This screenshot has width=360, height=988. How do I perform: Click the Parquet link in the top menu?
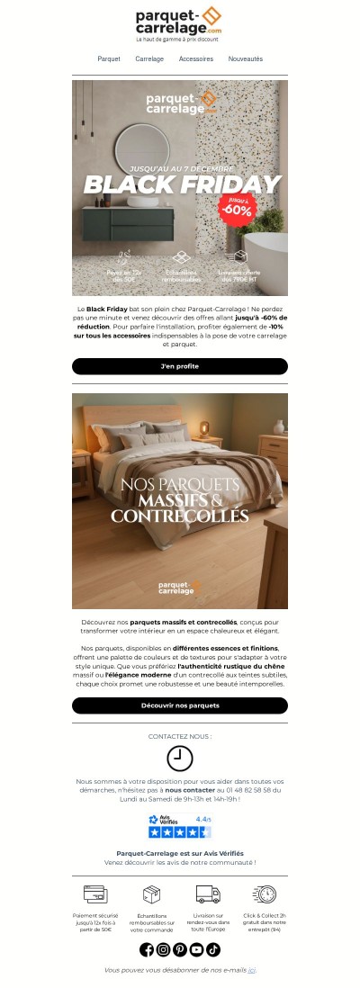pos(109,58)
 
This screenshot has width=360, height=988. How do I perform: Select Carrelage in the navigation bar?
pos(149,58)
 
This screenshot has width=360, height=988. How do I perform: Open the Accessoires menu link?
pos(196,58)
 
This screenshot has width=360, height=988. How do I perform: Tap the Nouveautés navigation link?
pos(246,58)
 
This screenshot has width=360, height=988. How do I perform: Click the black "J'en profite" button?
pos(180,366)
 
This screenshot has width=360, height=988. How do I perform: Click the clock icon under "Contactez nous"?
pos(180,759)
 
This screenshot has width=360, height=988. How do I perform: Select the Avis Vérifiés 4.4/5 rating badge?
pos(180,826)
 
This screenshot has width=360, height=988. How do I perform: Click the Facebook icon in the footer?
pos(147,949)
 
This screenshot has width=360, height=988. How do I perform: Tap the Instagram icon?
pos(164,949)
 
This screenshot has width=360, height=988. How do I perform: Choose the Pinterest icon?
pos(180,949)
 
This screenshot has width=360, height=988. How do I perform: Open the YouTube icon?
pos(196,949)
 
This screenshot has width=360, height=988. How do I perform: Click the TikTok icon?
pos(213,949)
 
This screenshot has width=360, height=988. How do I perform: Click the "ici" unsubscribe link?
pos(252,970)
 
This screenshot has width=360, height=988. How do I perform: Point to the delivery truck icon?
pos(208,894)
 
